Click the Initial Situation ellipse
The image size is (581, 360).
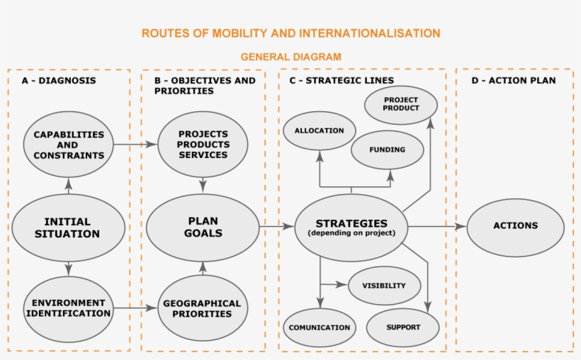68,227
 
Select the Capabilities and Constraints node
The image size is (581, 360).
68,145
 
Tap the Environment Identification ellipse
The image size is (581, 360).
68,308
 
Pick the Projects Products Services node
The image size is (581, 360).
203,145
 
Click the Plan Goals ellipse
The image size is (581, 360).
203,227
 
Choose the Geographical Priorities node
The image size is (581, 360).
203,308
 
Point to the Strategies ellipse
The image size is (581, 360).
351,227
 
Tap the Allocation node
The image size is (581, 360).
319,130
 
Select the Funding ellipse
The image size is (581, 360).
388,150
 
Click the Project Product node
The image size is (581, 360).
400,103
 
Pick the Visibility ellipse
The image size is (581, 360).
384,286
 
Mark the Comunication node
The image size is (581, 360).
319,327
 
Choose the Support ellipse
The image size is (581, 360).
403,327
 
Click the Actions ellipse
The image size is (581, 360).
515,226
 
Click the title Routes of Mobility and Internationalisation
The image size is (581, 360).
290,33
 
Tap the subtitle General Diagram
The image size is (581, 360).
290,57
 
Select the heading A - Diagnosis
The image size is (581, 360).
58,81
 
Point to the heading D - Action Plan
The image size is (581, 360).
513,81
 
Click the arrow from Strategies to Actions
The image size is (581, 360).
436,227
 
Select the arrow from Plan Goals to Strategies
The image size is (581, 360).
276,227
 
